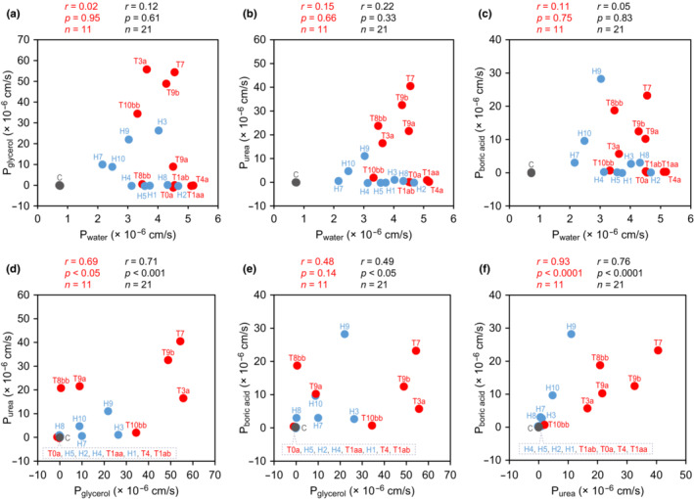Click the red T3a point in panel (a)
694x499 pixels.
coord(147,68)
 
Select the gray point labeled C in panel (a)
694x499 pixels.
coord(59,184)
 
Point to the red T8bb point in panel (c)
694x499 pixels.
coord(615,110)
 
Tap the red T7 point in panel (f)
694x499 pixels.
coord(658,350)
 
